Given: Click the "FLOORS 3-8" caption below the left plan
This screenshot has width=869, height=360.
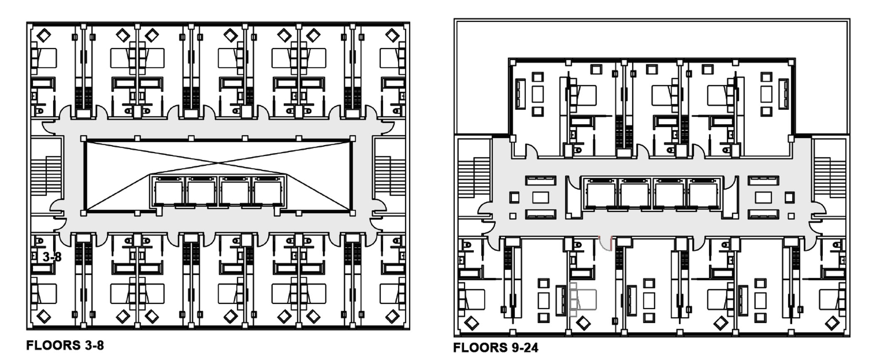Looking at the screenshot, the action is coord(65,345).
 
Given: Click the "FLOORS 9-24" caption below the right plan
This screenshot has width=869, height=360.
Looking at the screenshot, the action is coord(495,348).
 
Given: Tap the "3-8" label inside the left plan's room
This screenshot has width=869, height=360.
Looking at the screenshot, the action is coord(52,257).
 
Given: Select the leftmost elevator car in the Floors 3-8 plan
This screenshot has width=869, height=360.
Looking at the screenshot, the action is coord(168,191).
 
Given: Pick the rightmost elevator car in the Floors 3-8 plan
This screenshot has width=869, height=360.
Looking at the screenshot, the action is coord(267,191).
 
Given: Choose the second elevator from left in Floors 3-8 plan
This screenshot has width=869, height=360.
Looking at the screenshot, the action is coord(201,191).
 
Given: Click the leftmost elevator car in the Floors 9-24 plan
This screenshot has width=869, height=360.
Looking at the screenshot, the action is coord(600,194).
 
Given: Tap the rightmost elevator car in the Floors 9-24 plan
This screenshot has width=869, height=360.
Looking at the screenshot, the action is coord(703,194).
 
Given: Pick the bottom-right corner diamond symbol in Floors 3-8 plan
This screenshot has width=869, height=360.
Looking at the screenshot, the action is coord(392,317).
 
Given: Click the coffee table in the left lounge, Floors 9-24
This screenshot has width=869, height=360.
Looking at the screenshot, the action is coord(540,197).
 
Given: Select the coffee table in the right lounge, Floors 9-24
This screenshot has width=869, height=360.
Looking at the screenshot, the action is coord(763,197).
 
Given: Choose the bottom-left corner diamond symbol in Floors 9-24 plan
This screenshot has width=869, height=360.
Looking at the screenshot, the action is coord(471,323).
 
